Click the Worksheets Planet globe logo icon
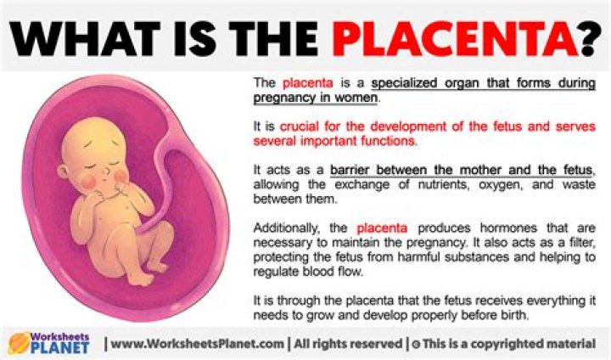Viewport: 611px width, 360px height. [x=18, y=343]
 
